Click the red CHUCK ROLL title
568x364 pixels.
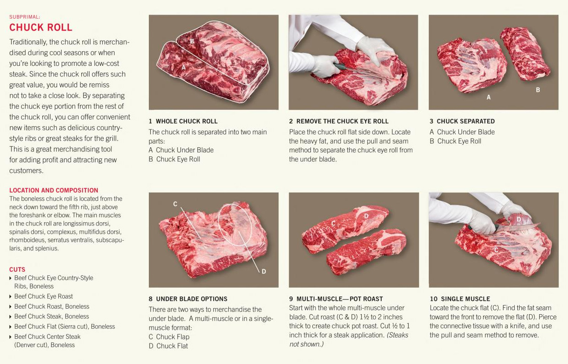[x=41, y=27]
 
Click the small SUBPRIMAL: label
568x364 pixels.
[x=25, y=17]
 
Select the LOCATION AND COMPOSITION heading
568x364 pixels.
[x=53, y=190]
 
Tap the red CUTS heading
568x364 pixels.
[x=17, y=269]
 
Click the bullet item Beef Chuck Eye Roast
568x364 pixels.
[x=43, y=296]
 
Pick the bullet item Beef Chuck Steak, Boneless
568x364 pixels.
[x=52, y=316]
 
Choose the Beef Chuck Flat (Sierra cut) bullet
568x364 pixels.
[x=64, y=327]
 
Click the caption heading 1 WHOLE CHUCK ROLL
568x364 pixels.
[x=183, y=121]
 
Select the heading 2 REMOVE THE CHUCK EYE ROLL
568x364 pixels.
[x=339, y=121]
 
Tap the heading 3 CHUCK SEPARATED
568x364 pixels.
[x=462, y=121]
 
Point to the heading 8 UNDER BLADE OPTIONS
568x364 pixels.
[x=188, y=299]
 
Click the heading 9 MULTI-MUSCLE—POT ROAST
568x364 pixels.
[x=336, y=299]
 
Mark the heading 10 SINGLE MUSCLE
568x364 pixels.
[x=460, y=299]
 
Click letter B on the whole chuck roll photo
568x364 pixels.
[x=192, y=41]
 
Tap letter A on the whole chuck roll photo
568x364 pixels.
[x=184, y=68]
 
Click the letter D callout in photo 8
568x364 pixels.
[x=264, y=272]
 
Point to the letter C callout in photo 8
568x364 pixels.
[x=175, y=204]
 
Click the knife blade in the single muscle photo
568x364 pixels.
[x=517, y=227]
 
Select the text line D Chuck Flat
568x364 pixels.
[x=168, y=346]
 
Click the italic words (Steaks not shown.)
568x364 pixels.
[x=349, y=340]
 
